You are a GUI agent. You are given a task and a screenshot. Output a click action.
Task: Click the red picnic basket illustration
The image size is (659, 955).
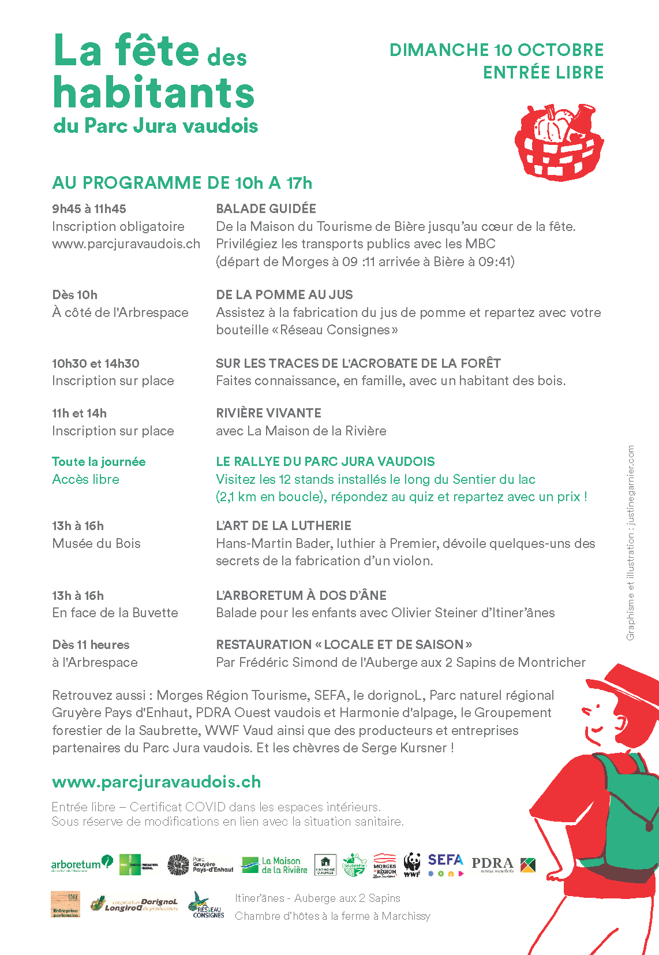point(558,143)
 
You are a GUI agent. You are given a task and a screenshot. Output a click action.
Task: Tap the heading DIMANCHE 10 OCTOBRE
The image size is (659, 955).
point(496,50)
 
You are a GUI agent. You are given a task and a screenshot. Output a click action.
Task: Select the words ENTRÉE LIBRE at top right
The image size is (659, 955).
point(543,73)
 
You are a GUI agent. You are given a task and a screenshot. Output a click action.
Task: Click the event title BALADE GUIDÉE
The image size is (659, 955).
point(266,209)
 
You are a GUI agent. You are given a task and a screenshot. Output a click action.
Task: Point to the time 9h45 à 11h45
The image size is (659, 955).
point(89,209)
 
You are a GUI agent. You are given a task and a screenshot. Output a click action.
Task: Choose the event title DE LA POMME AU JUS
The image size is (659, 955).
point(284,295)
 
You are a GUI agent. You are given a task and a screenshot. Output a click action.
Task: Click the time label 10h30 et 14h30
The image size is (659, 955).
point(96,364)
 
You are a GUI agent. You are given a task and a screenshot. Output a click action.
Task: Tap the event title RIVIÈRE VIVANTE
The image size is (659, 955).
point(268,413)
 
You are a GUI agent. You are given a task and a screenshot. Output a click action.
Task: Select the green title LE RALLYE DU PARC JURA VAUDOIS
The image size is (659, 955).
point(325,462)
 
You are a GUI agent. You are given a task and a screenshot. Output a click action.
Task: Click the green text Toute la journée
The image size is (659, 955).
point(99,462)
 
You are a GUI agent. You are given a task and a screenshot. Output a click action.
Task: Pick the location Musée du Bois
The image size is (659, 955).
point(96,543)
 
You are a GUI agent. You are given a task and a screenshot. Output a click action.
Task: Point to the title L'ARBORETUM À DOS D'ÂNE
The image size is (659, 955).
point(301,596)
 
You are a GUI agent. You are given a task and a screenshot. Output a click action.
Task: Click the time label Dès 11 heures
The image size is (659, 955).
point(91,645)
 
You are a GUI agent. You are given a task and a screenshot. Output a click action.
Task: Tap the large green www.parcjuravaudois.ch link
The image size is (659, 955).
point(156,782)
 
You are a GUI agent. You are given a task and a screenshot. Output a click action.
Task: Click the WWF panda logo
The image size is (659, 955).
point(412,864)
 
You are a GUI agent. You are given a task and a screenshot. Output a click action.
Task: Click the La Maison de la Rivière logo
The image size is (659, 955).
point(274,865)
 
